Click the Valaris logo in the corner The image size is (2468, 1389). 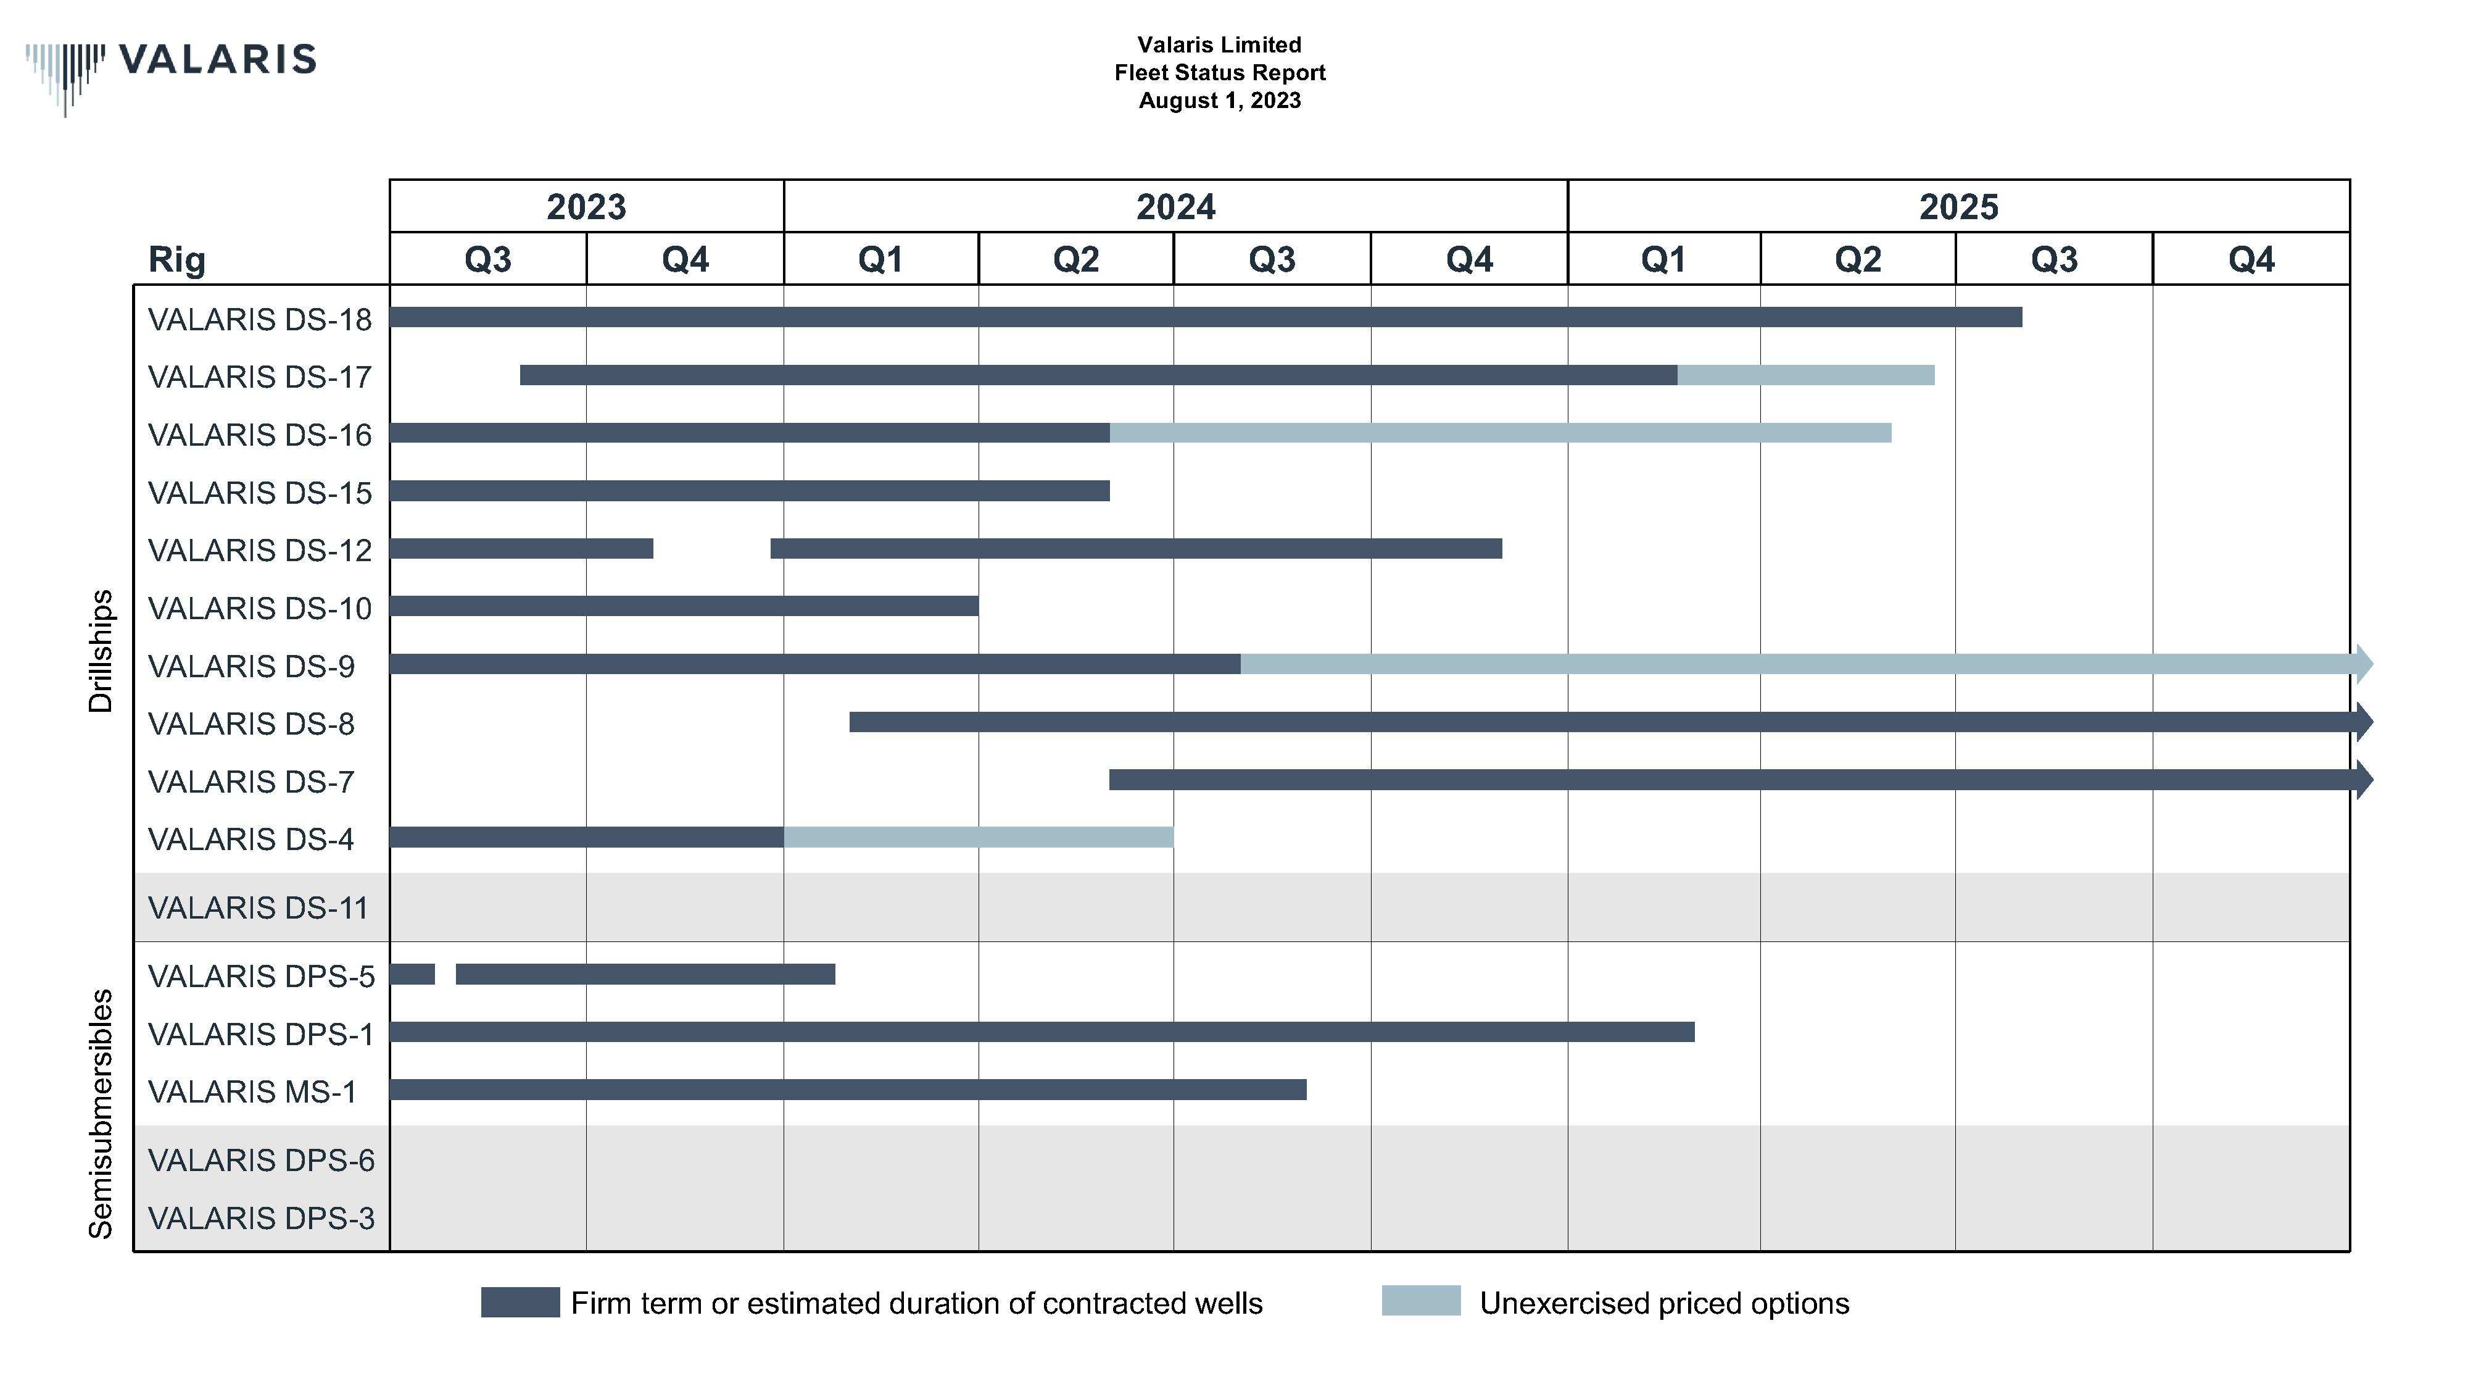tap(170, 67)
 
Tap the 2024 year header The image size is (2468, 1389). tap(1175, 206)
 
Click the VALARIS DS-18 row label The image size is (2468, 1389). tap(260, 319)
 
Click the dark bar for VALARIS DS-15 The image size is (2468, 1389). tap(749, 491)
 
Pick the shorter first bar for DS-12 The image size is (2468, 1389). tap(521, 548)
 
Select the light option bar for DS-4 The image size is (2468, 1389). tap(978, 838)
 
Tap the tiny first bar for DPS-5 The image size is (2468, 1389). tap(412, 974)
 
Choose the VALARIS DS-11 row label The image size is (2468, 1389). tap(258, 907)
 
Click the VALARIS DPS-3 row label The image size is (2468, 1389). tap(260, 1219)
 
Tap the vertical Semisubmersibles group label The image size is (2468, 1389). tap(101, 1113)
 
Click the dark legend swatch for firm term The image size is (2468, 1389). tap(520, 1303)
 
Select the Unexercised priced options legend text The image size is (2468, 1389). tap(1663, 1304)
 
